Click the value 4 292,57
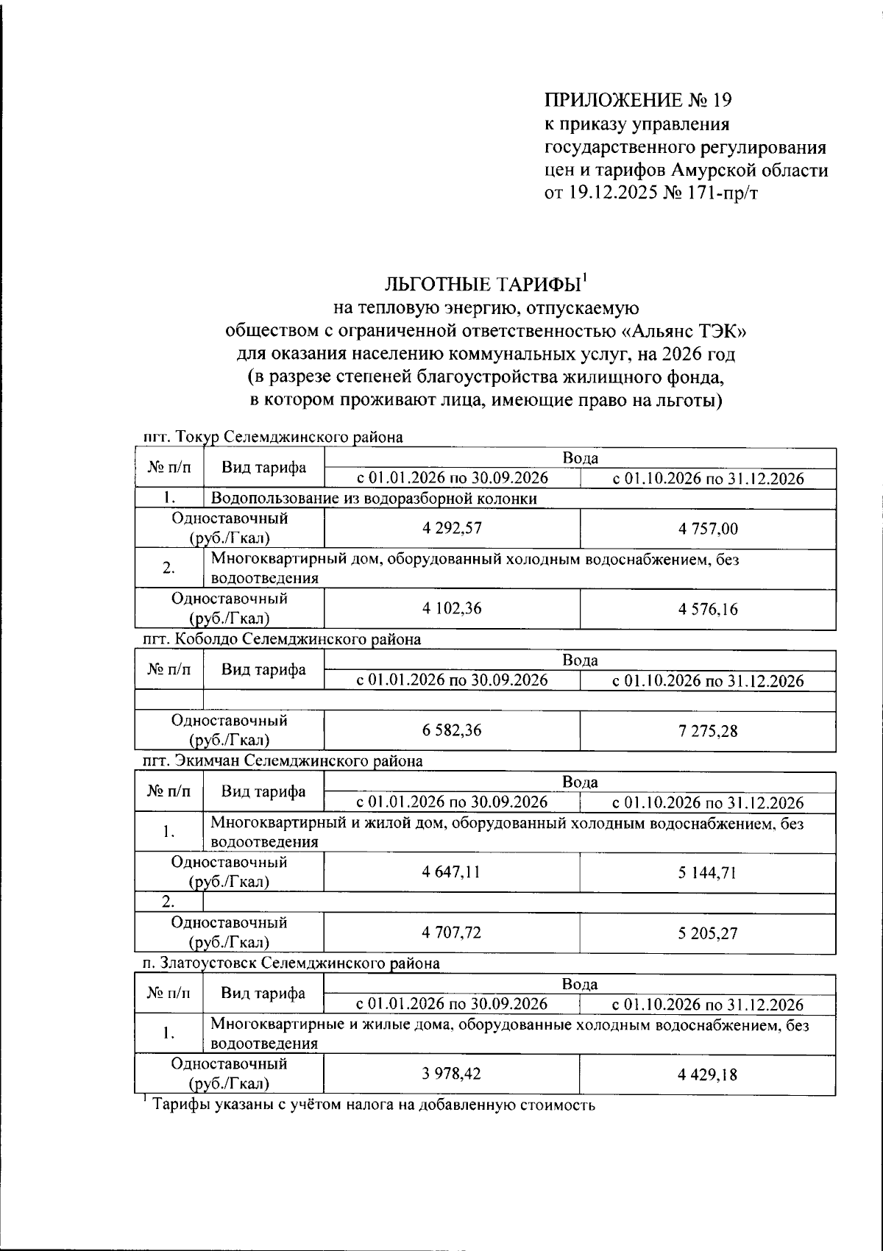[x=452, y=528]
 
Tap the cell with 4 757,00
[x=709, y=529]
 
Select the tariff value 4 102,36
[x=452, y=608]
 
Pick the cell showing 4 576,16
[x=709, y=609]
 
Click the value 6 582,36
[x=452, y=730]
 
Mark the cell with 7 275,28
[x=709, y=731]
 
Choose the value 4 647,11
[x=452, y=872]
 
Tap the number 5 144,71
[x=709, y=872]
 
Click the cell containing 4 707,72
[x=452, y=933]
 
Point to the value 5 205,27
[x=709, y=933]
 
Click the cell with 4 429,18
[x=709, y=1074]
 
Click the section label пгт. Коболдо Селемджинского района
[x=282, y=639]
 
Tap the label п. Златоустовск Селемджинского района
[x=291, y=962]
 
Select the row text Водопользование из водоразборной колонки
[x=374, y=499]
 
